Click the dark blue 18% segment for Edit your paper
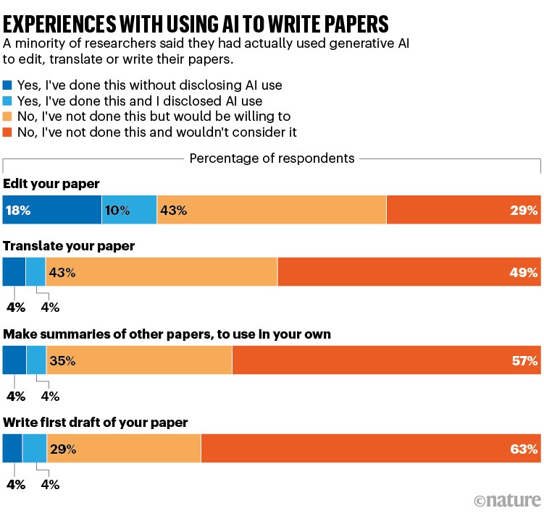pos(52,210)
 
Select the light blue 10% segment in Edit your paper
pos(129,210)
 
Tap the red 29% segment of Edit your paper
pos(464,210)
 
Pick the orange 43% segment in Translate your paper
pos(162,272)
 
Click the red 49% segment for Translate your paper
pos(409,272)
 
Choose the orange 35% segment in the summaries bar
pos(139,360)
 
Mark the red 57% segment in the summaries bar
pos(386,360)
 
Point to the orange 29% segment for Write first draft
pos(124,448)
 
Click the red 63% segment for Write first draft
pos(371,448)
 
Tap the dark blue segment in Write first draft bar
pos(12,448)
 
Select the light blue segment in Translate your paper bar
pos(35,272)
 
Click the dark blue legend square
pos(8,85)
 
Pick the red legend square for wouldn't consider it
pos(8,132)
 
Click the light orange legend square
pos(8,117)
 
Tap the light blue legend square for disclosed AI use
pos(8,101)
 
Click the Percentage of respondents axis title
pos(272,158)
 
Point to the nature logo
pos(507,500)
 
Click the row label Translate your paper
pos(69,246)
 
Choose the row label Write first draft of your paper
pos(96,422)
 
